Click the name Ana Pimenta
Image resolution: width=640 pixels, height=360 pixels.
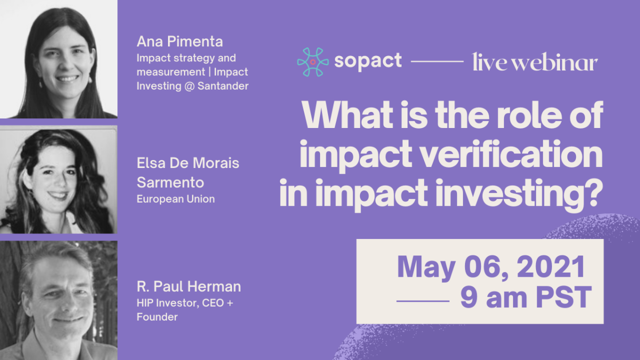pyautogui.click(x=180, y=42)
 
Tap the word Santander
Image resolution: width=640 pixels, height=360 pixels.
pyautogui.click(x=223, y=86)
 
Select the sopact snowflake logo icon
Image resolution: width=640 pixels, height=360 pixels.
pyautogui.click(x=313, y=62)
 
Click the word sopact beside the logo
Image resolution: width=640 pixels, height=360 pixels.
pyautogui.click(x=368, y=61)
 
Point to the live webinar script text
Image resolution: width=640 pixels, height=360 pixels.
pyautogui.click(x=535, y=61)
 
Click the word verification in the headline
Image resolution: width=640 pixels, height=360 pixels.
pyautogui.click(x=512, y=154)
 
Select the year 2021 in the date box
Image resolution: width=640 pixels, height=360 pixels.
pyautogui.click(x=550, y=267)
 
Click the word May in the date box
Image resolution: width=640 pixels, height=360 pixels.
pyautogui.click(x=426, y=268)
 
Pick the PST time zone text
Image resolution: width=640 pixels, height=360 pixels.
pyautogui.click(x=564, y=298)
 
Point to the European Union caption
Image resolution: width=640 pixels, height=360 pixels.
pyautogui.click(x=175, y=199)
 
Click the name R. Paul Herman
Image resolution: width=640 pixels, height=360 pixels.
pyautogui.click(x=189, y=286)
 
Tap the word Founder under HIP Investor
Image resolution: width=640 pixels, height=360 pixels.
pyautogui.click(x=157, y=317)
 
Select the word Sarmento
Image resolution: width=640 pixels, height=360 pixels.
pyautogui.click(x=170, y=182)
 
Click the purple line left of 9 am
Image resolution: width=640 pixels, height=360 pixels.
pyautogui.click(x=423, y=301)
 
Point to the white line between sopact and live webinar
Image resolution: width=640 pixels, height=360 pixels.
pyautogui.click(x=437, y=61)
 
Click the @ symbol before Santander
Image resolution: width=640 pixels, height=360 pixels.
pyautogui.click(x=189, y=86)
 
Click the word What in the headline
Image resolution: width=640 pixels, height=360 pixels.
pyautogui.click(x=347, y=115)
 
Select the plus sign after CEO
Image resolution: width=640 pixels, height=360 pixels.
pyautogui.click(x=230, y=303)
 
